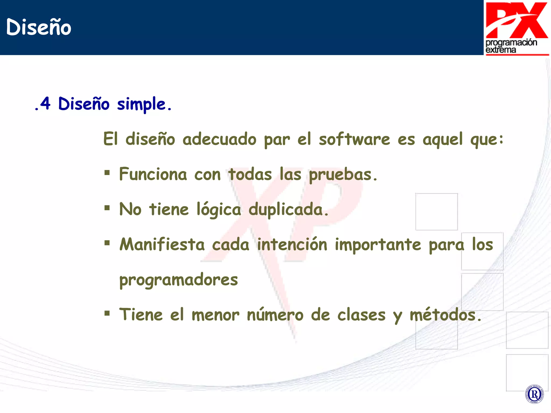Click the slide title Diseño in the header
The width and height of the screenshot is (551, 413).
(x=38, y=27)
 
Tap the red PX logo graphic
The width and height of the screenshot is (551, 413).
(x=517, y=20)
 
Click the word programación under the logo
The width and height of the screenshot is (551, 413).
(x=511, y=42)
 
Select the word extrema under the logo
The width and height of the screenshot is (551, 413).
(x=501, y=50)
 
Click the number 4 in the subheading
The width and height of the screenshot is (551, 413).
(x=45, y=104)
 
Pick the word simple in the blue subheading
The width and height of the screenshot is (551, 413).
(x=141, y=104)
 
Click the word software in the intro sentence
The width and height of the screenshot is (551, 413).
(x=354, y=139)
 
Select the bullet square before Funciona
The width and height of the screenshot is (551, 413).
(x=107, y=173)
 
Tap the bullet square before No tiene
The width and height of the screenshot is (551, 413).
(x=107, y=208)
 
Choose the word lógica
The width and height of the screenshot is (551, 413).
(x=218, y=210)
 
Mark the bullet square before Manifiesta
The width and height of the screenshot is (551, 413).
(x=107, y=243)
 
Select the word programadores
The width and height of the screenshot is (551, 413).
(x=178, y=280)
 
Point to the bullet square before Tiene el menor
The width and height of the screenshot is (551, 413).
(x=107, y=313)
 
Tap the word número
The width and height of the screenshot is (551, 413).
(x=275, y=315)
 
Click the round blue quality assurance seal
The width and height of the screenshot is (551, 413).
(x=534, y=394)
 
